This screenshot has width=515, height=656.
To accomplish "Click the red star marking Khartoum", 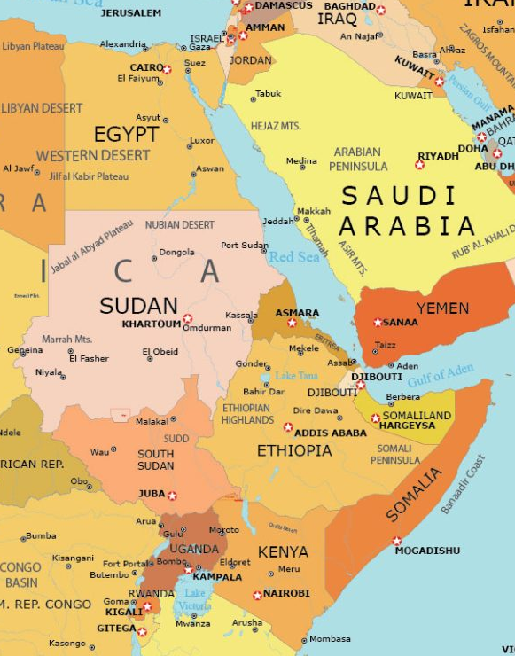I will click(187, 318).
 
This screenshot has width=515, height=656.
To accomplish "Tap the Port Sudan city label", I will click(244, 246).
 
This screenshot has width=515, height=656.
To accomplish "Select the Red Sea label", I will click(293, 257).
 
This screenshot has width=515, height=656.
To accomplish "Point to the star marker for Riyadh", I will click(419, 165).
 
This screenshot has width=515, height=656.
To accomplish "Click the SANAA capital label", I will click(401, 322).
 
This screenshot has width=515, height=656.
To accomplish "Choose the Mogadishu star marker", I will click(396, 541).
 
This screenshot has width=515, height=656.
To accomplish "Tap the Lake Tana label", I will click(296, 376).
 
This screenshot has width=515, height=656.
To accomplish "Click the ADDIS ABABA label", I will click(330, 433).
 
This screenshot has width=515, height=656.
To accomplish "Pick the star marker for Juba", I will click(172, 496).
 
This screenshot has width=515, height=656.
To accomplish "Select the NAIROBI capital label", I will click(286, 593).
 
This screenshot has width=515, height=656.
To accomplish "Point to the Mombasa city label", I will click(330, 638).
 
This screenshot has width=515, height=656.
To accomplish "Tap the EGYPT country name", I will click(126, 135).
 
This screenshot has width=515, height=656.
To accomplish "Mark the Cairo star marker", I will click(167, 68).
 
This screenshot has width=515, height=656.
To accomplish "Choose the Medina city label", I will click(301, 161).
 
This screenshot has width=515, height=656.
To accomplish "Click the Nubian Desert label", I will click(180, 225).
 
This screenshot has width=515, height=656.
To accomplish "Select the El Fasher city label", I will click(89, 358).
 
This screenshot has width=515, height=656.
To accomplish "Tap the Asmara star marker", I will click(292, 323).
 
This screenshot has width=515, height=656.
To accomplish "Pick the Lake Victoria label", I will click(194, 599).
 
